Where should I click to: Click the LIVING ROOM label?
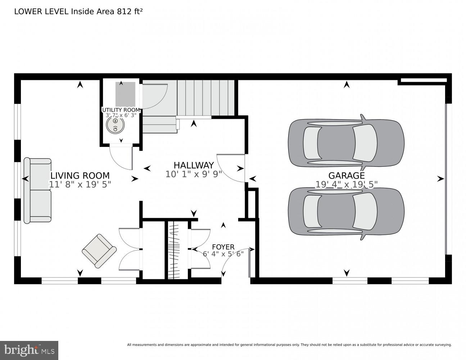coord(80,176)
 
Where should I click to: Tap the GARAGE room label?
coord(346,175)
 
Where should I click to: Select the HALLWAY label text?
coord(194,165)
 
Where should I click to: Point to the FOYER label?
coord(223,247)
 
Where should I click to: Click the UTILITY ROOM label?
coord(121,110)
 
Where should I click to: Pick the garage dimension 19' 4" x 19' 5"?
coord(346,185)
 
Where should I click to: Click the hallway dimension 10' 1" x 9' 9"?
coord(194,174)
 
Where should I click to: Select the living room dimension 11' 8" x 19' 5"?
coord(80,184)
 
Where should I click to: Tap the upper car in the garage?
coord(346,143)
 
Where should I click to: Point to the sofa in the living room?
coord(37,190)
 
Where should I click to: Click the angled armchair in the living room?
coord(99,251)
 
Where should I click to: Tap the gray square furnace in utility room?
coord(125,94)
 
